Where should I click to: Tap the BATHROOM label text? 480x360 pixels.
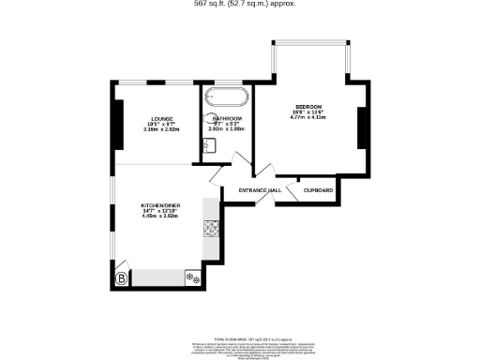pyautogui.click(x=225, y=118)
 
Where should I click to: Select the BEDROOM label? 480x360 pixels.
pyautogui.click(x=308, y=106)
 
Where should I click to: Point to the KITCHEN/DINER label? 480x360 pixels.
pyautogui.click(x=159, y=204)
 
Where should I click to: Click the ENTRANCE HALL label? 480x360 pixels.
pyautogui.click(x=260, y=191)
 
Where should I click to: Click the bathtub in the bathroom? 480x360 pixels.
pyautogui.click(x=225, y=97)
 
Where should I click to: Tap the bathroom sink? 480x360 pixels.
pyautogui.click(x=208, y=144)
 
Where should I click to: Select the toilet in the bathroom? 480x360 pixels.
pyautogui.click(x=206, y=120)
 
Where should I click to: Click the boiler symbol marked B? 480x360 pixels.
pyautogui.click(x=121, y=277)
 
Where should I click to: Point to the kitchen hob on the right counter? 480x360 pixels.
pyautogui.click(x=212, y=227)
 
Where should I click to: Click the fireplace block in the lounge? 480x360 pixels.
pyautogui.click(x=117, y=122)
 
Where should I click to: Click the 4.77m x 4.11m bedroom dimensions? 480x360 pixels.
pyautogui.click(x=308, y=119)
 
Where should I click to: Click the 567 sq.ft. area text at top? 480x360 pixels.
pyautogui.click(x=240, y=4)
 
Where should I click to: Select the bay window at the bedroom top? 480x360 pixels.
pyautogui.click(x=310, y=43)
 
